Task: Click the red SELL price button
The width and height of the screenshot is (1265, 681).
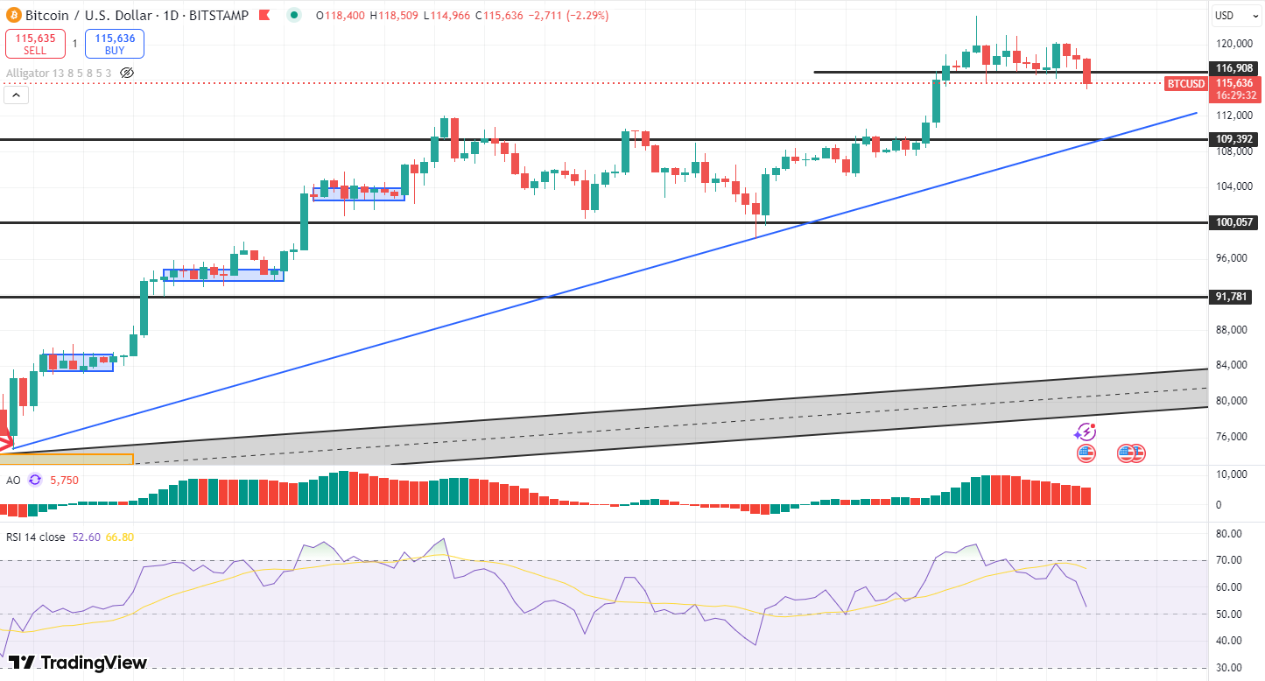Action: [35, 44]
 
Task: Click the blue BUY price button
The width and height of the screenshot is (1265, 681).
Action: [115, 44]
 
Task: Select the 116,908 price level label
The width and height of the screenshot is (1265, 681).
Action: [1233, 68]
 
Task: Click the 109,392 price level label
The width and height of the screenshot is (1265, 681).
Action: [1233, 139]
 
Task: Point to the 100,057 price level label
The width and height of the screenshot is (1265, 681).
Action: [1233, 222]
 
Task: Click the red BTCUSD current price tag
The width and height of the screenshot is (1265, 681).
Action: [1186, 84]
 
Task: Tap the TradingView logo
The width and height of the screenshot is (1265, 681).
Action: [78, 663]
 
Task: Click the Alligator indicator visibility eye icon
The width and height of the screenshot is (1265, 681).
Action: [127, 73]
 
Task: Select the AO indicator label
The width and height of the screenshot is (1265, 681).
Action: [13, 481]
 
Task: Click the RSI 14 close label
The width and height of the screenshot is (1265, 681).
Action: [35, 537]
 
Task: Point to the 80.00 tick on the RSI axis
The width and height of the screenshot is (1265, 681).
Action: [1229, 533]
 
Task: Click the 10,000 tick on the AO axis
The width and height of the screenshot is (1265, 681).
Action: [1232, 474]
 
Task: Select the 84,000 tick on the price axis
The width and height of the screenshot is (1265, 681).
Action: [1232, 365]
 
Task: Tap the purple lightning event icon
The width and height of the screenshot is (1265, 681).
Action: [1086, 432]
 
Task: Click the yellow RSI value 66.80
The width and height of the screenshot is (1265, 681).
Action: [119, 537]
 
